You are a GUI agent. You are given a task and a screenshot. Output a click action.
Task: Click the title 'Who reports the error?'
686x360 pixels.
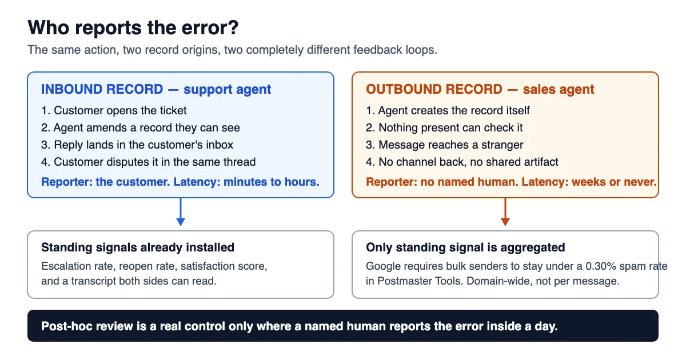[133, 28]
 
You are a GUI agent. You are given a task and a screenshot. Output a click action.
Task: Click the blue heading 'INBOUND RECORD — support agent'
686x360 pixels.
[156, 89]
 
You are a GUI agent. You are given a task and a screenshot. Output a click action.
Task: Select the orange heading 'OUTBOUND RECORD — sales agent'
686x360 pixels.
[480, 89]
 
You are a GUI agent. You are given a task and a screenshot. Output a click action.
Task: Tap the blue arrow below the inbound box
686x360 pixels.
[181, 212]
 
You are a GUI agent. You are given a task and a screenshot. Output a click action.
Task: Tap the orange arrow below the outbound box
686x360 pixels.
[505, 212]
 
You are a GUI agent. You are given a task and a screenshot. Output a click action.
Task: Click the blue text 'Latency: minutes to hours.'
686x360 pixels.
[246, 182]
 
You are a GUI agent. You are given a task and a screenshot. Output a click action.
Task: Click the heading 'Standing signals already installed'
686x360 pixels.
[138, 247]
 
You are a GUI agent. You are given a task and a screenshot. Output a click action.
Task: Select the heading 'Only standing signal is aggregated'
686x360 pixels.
[465, 247]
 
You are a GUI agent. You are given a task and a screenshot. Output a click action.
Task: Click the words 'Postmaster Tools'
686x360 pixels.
[419, 281]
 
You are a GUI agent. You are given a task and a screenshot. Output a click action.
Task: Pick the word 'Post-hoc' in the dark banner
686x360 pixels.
[67, 326]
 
